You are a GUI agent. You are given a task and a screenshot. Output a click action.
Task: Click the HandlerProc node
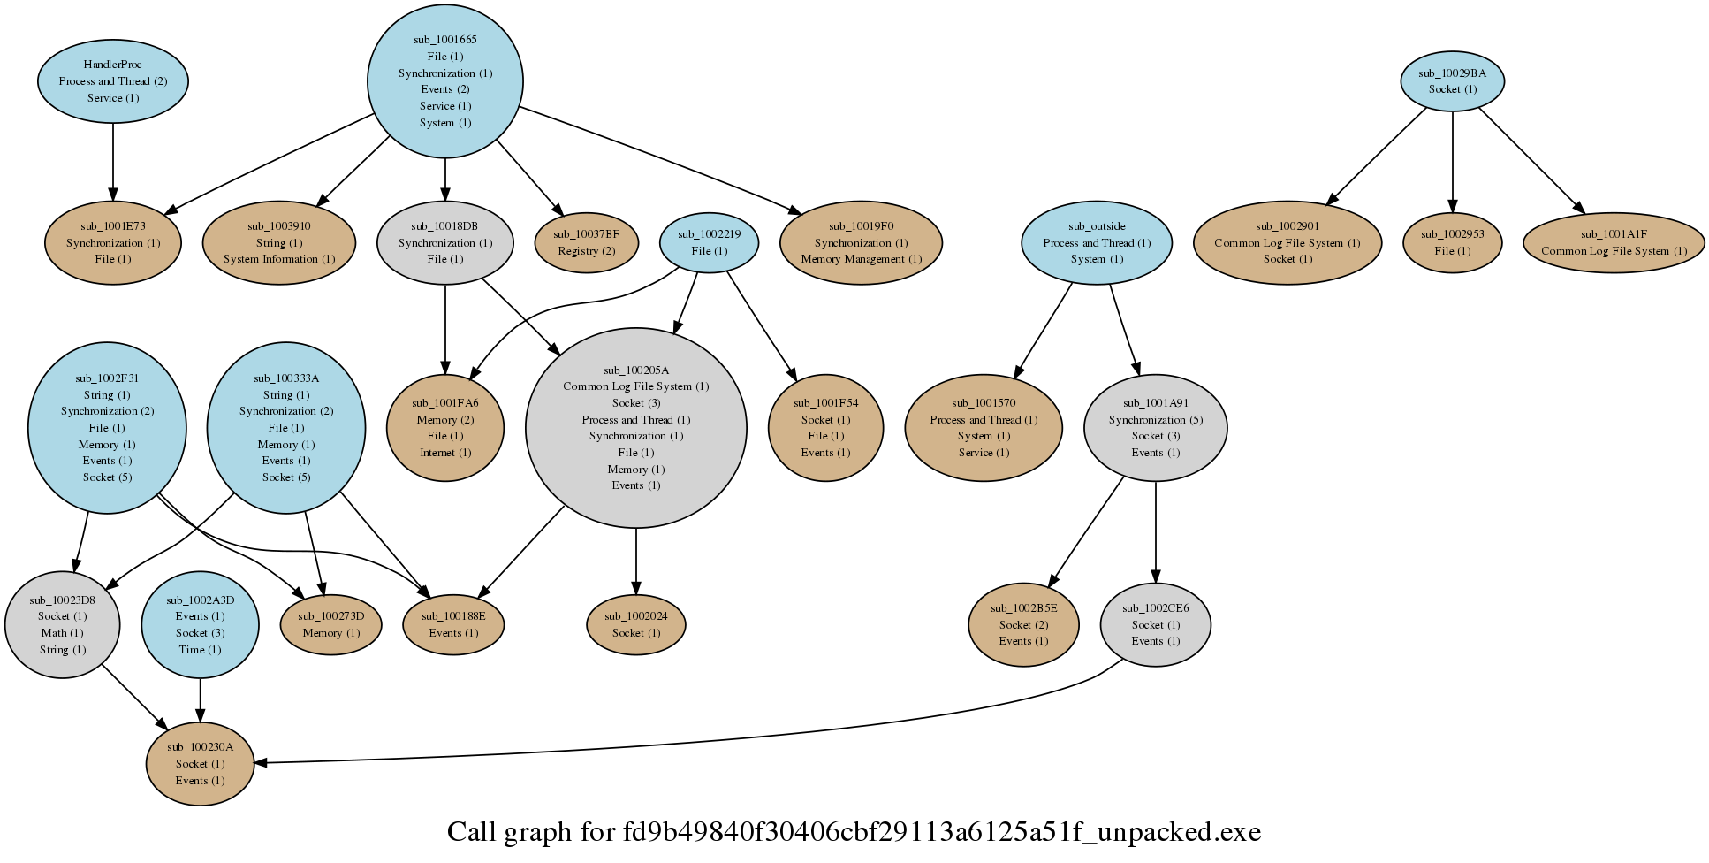pos(113,80)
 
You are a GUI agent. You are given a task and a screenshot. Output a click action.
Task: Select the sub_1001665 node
pos(444,81)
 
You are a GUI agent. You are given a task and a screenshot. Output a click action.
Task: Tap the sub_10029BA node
pos(1452,81)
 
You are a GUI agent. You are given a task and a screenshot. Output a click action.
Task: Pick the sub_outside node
pos(1097,242)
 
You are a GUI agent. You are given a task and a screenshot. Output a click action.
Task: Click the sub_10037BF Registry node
pos(586,242)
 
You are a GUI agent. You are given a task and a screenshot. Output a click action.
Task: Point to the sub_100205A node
pos(635,428)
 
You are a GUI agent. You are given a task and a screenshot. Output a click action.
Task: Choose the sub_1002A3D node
pos(200,624)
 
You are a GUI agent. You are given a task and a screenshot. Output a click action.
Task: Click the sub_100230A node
pos(200,763)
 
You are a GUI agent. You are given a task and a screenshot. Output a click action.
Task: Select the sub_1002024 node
pos(635,624)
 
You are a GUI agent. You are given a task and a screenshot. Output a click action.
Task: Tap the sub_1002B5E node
pos(1023,624)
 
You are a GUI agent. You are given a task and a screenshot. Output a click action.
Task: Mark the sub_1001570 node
pos(984,428)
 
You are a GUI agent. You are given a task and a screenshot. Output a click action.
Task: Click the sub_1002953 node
pos(1452,242)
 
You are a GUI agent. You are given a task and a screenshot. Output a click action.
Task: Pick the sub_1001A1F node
pos(1614,242)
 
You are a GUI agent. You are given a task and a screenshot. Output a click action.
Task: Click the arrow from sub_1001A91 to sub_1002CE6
pos(1155,531)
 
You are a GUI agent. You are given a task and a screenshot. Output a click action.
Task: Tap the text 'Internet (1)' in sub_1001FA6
pos(445,453)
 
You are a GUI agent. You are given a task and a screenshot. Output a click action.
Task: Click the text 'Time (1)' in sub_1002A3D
pos(200,650)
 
